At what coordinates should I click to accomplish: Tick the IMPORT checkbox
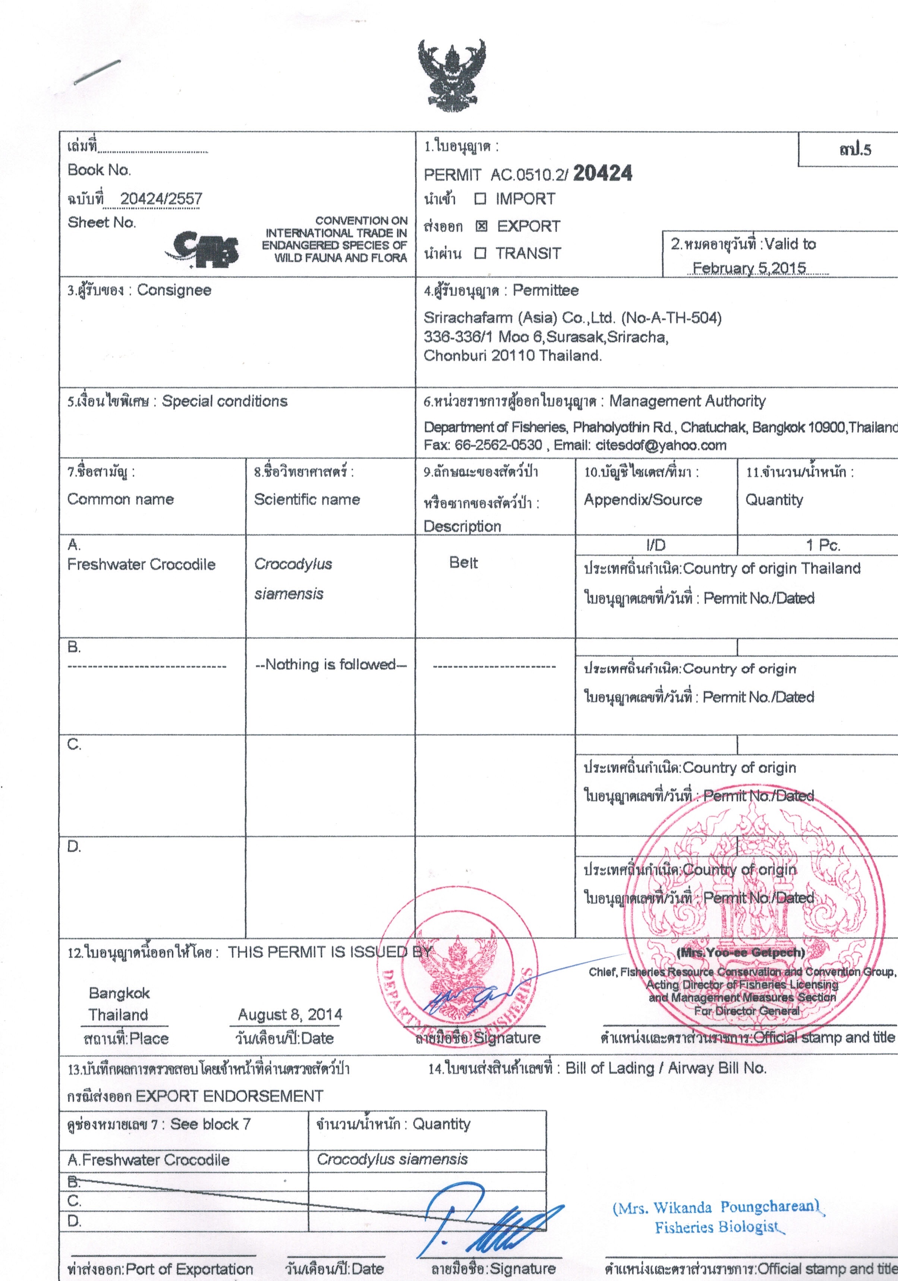coord(480,199)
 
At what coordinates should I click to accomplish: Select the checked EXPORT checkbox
coord(481,226)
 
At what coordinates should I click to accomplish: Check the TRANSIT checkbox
coord(480,253)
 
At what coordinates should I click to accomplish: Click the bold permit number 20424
coord(602,173)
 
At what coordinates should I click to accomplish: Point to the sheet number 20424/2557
coord(161,199)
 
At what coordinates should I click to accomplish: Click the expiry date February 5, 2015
coord(749,268)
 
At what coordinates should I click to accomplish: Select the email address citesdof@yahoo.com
coord(661,445)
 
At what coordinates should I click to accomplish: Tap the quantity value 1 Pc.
coord(823,545)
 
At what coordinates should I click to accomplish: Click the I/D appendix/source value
coord(656,545)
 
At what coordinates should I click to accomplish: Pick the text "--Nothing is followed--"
coord(331,664)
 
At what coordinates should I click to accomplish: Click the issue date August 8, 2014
coord(290,1014)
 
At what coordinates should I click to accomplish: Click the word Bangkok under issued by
coord(119,993)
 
